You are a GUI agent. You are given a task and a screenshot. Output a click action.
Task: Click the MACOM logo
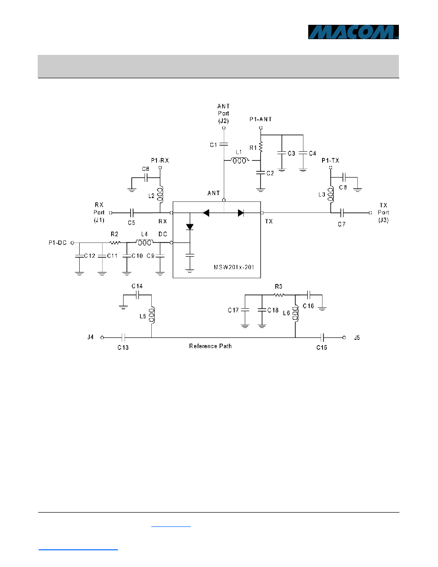point(353,32)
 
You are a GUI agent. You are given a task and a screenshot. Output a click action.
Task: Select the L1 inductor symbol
point(240,160)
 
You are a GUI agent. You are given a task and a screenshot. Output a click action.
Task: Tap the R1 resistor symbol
point(261,147)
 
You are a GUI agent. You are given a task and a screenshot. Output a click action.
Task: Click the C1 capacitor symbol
point(224,144)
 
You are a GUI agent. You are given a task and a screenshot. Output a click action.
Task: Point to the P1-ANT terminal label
point(261,119)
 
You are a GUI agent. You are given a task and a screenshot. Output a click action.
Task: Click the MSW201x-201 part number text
point(234,267)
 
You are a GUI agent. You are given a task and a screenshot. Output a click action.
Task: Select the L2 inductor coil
point(160,195)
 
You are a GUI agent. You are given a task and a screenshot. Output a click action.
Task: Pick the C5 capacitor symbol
point(132,213)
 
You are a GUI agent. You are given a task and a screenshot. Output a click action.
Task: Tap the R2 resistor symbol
point(115,242)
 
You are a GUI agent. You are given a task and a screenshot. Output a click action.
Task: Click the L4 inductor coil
point(145,242)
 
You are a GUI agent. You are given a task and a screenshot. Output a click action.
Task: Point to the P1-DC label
point(58,242)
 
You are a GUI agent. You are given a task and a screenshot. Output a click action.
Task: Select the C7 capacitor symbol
point(342,213)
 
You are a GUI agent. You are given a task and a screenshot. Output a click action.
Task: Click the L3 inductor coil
point(331,195)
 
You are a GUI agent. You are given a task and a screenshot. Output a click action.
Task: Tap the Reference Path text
point(210,346)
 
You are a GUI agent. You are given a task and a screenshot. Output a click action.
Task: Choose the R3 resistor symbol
point(279,295)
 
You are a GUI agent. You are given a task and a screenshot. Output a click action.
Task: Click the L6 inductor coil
point(295,313)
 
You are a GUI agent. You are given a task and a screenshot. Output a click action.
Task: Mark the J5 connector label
point(357,338)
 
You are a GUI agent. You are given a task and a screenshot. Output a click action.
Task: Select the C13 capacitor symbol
point(123,338)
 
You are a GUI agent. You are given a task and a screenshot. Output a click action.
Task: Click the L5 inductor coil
point(152,315)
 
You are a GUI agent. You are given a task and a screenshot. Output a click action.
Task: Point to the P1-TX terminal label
point(330,160)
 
